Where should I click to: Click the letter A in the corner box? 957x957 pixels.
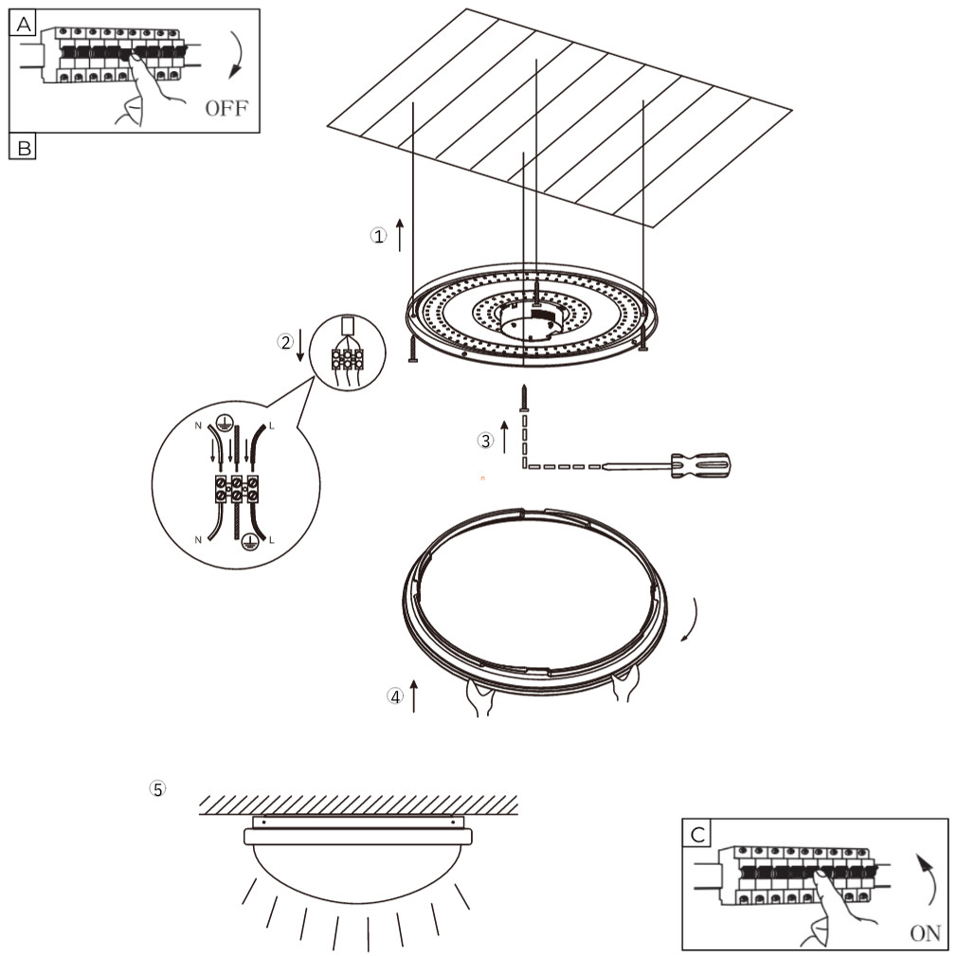22,24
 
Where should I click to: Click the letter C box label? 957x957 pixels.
696,834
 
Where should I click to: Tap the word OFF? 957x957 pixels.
226,107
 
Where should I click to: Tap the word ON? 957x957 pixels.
925,933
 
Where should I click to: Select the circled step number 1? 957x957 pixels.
378,236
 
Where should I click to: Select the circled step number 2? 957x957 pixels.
284,342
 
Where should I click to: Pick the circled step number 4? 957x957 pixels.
394,696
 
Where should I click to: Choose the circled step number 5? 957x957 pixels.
157,788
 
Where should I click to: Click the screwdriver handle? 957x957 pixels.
702,464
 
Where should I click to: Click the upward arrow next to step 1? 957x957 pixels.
400,234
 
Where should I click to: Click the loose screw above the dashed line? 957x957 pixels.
523,397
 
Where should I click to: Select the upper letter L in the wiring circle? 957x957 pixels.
271,425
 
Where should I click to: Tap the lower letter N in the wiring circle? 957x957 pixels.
197,539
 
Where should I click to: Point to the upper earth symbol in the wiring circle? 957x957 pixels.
225,424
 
